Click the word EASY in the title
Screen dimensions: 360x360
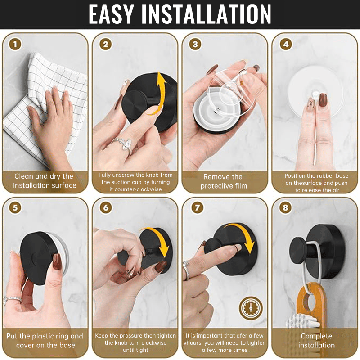[111, 14]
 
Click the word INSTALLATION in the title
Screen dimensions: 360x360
[206, 14]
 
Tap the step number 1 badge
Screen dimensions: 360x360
[16, 44]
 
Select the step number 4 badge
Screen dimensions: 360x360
[285, 44]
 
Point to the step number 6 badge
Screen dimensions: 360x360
[106, 208]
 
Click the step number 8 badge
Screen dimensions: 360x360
[285, 208]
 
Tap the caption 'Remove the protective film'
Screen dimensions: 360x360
[224, 181]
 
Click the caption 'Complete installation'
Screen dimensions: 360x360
[316, 341]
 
